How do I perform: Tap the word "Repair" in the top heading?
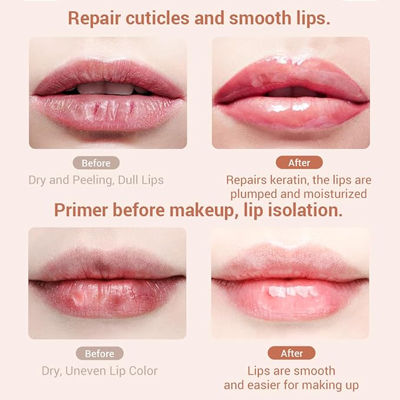tap(92, 18)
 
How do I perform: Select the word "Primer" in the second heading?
tap(80, 210)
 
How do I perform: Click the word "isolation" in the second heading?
tap(308, 210)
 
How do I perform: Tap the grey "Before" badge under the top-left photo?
tap(96, 163)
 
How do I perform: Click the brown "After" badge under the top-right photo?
tap(299, 163)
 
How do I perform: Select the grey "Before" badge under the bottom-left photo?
tap(100, 353)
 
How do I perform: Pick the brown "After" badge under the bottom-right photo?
tap(292, 353)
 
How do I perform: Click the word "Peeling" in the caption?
tap(108, 180)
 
